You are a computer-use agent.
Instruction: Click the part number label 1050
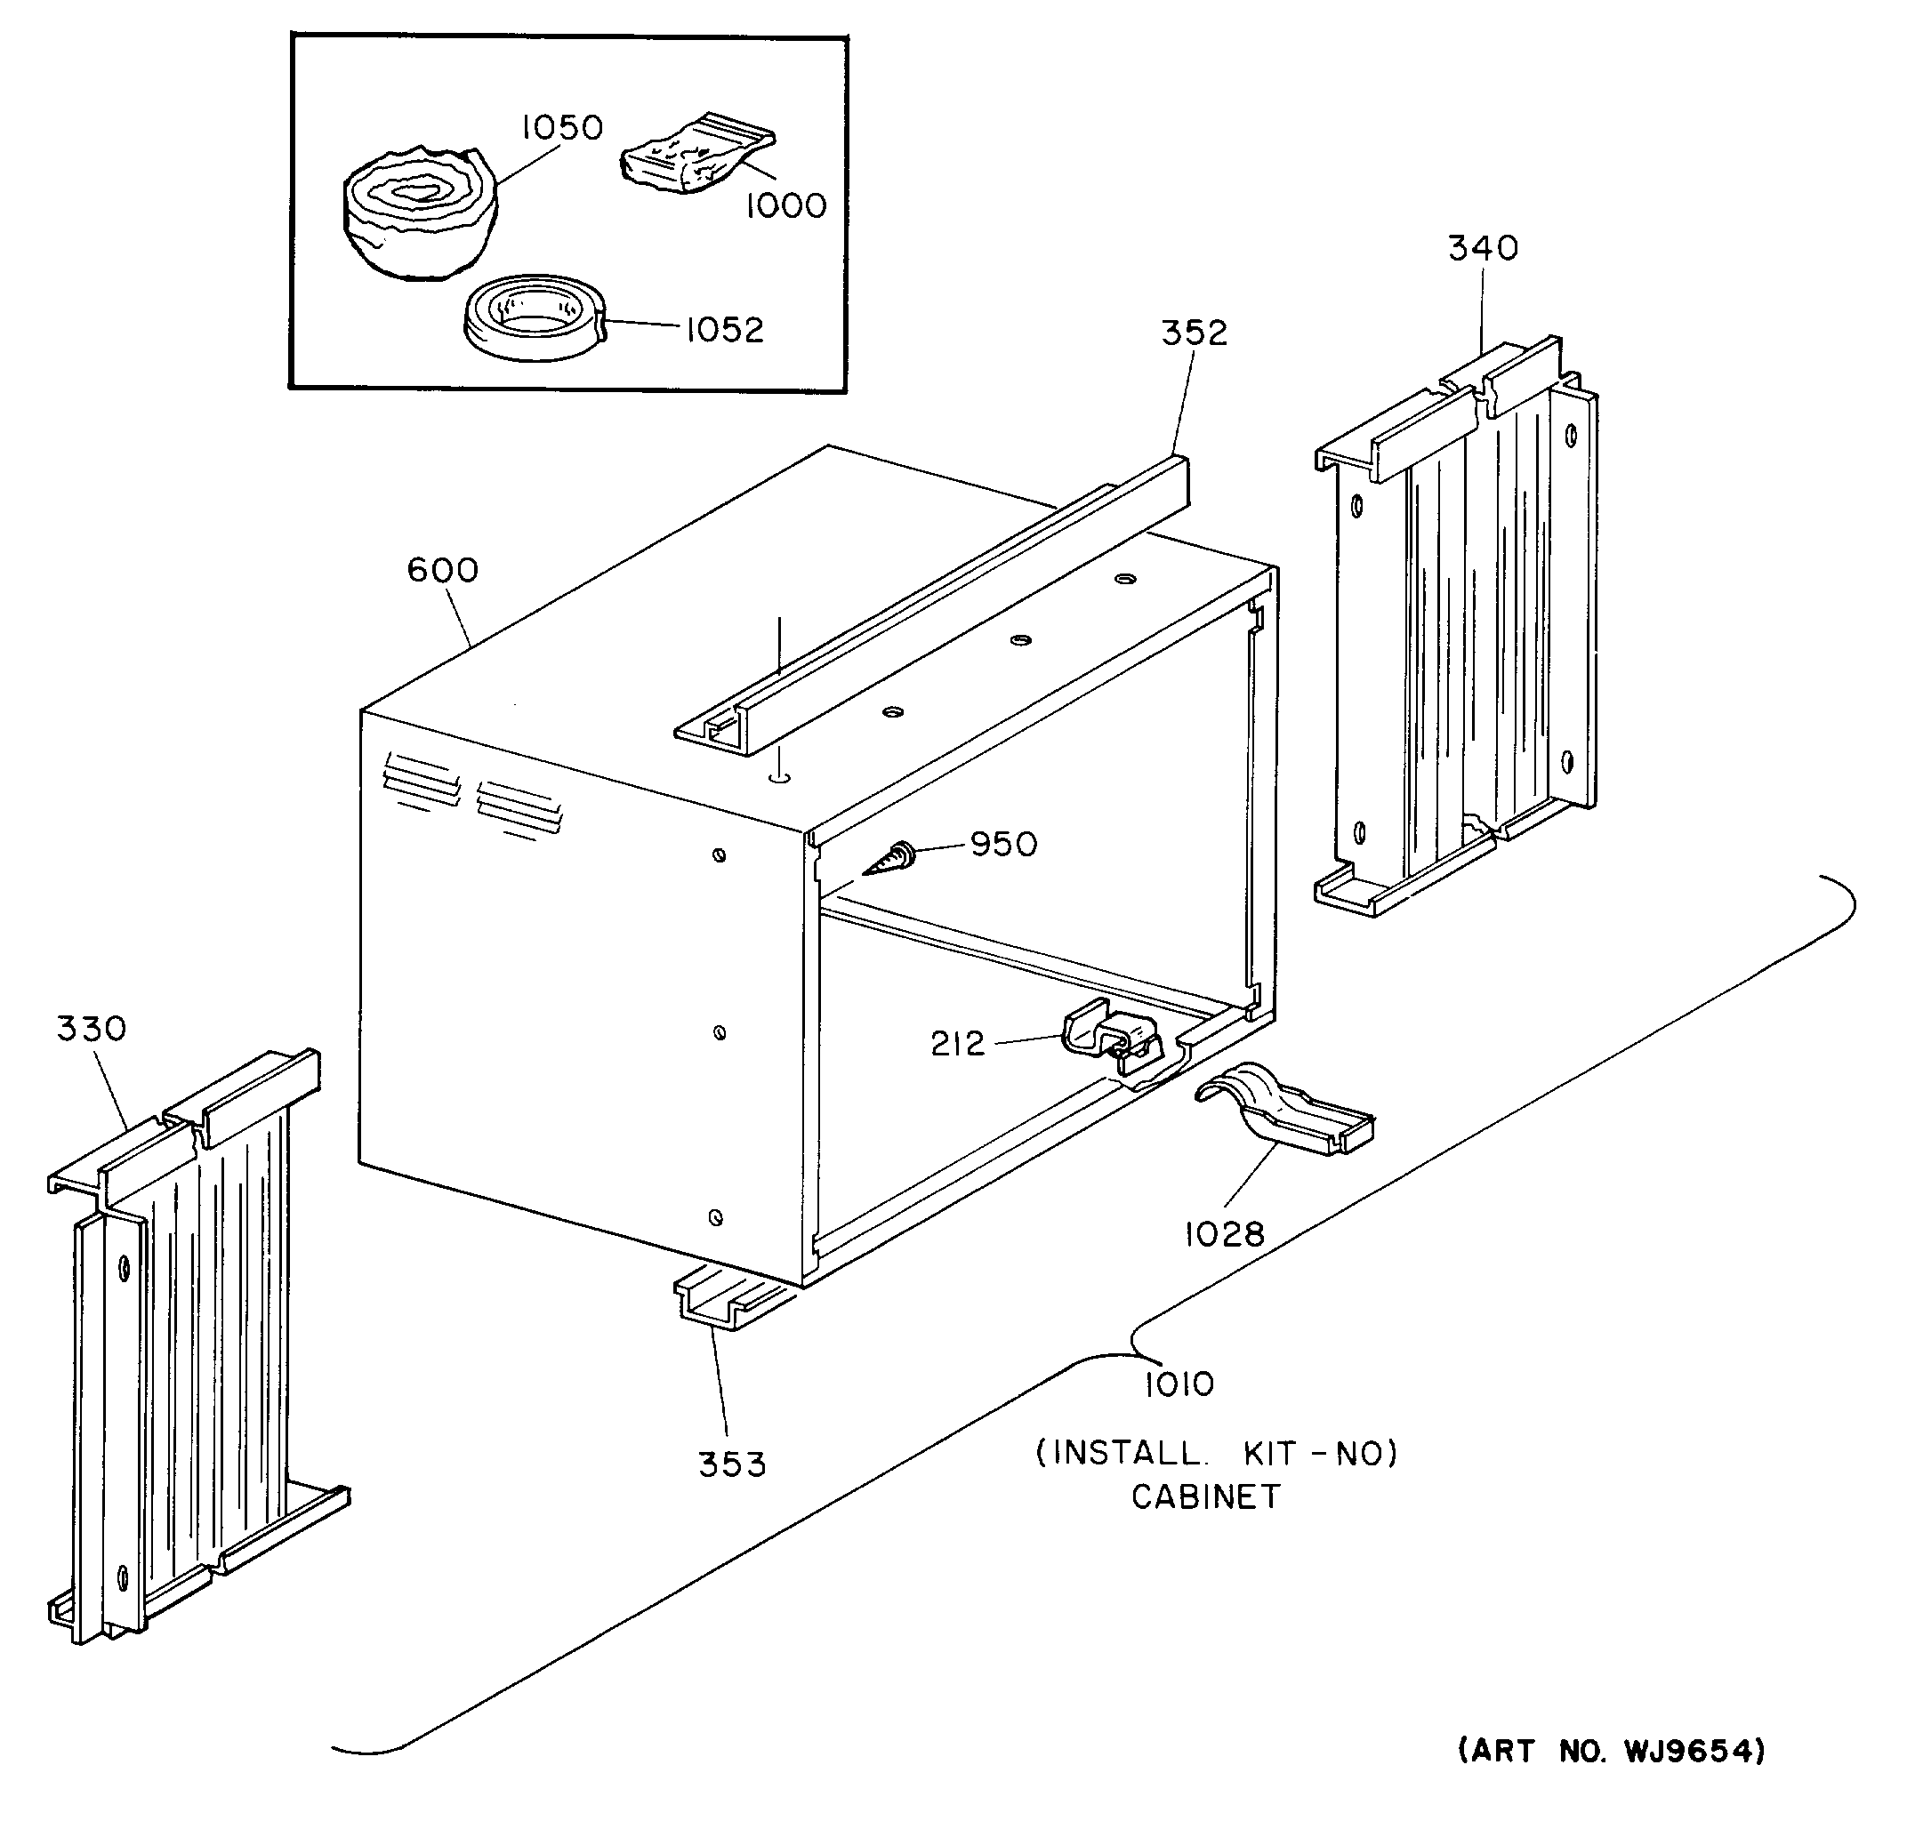point(562,127)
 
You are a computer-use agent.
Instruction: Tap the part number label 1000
point(785,205)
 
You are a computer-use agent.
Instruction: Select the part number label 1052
point(724,330)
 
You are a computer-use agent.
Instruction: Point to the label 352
point(1195,333)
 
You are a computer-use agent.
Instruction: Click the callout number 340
point(1483,248)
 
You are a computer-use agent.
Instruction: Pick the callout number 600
point(443,570)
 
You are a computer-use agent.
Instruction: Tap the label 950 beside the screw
point(1004,845)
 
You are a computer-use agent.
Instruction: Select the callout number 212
point(957,1045)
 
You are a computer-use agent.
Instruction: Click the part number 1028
point(1225,1235)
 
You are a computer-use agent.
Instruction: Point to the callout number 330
point(92,1029)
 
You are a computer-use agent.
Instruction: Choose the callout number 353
point(732,1464)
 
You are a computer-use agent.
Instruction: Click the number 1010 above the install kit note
point(1179,1384)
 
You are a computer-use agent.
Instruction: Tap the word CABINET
point(1206,1496)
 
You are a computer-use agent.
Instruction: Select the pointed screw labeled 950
point(888,861)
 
